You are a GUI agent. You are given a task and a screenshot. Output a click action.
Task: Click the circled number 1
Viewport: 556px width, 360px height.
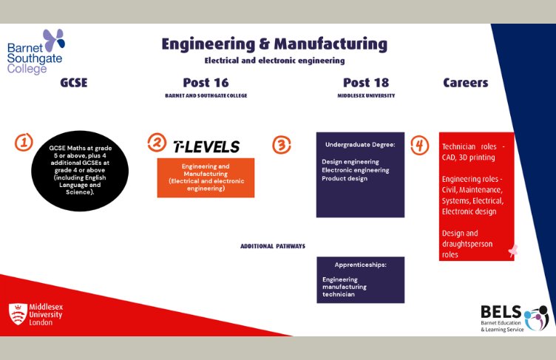24,142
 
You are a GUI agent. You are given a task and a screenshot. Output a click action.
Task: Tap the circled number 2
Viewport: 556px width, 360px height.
157,143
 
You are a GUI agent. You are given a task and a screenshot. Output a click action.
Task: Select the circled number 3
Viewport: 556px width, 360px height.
282,144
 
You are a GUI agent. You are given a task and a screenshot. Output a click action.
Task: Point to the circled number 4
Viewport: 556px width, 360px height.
420,145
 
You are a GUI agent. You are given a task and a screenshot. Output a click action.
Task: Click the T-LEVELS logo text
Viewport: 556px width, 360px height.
206,146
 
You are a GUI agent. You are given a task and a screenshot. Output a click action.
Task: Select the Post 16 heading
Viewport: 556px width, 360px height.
206,83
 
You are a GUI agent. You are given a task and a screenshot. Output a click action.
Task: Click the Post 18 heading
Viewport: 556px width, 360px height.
366,83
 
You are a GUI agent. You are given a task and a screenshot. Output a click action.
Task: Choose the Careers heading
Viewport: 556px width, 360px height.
466,83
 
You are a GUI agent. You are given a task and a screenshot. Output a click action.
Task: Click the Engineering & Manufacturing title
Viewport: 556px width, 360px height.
274,44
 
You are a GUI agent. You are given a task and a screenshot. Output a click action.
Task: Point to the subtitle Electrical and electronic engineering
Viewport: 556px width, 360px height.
274,61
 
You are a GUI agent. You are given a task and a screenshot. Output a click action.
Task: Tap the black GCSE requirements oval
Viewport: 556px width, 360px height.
80,170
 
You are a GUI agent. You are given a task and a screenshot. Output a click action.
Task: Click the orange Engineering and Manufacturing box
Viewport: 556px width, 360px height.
206,177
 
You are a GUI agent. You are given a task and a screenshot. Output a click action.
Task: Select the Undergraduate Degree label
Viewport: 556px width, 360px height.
359,144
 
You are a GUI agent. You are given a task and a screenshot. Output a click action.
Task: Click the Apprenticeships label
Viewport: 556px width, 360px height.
360,264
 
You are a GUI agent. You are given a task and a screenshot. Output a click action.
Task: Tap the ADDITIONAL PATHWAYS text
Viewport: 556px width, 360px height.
273,246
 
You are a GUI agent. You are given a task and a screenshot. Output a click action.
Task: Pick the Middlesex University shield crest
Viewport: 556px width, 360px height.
18,313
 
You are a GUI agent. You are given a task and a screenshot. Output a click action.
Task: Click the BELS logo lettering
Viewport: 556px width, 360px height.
501,312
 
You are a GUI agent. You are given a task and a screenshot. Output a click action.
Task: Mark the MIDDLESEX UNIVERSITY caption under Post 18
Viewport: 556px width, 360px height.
366,95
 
